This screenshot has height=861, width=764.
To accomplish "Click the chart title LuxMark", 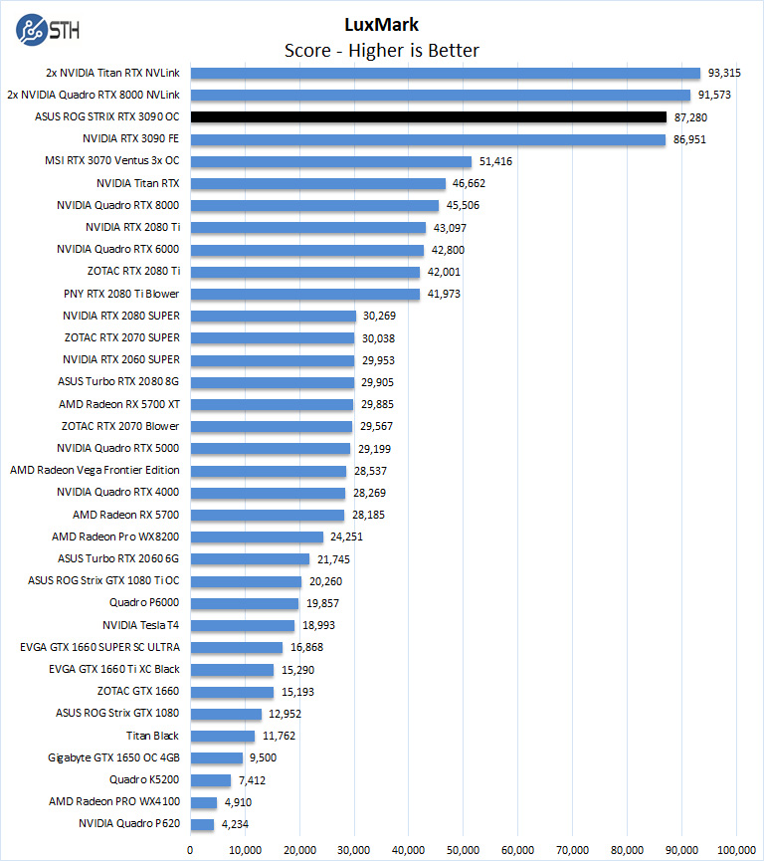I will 382,26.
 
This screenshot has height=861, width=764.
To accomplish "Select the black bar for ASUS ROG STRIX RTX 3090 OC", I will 428,116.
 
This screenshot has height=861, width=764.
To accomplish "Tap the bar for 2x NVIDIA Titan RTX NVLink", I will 445,73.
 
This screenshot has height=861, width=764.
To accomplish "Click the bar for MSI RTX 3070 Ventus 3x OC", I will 330,161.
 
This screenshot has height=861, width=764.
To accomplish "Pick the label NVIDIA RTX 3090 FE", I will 131,139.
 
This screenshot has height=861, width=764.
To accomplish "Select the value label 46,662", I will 470,183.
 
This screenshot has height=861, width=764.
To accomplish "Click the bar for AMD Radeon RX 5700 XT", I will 272,404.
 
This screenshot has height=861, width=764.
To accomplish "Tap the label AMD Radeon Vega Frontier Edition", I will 95,470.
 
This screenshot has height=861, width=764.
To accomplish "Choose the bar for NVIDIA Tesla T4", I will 242,625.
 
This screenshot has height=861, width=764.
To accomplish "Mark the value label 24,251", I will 348,537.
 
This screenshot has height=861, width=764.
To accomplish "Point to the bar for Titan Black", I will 222,736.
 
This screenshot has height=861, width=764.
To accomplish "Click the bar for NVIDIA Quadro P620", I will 202,824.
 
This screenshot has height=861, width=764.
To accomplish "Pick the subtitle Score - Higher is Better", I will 382,50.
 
